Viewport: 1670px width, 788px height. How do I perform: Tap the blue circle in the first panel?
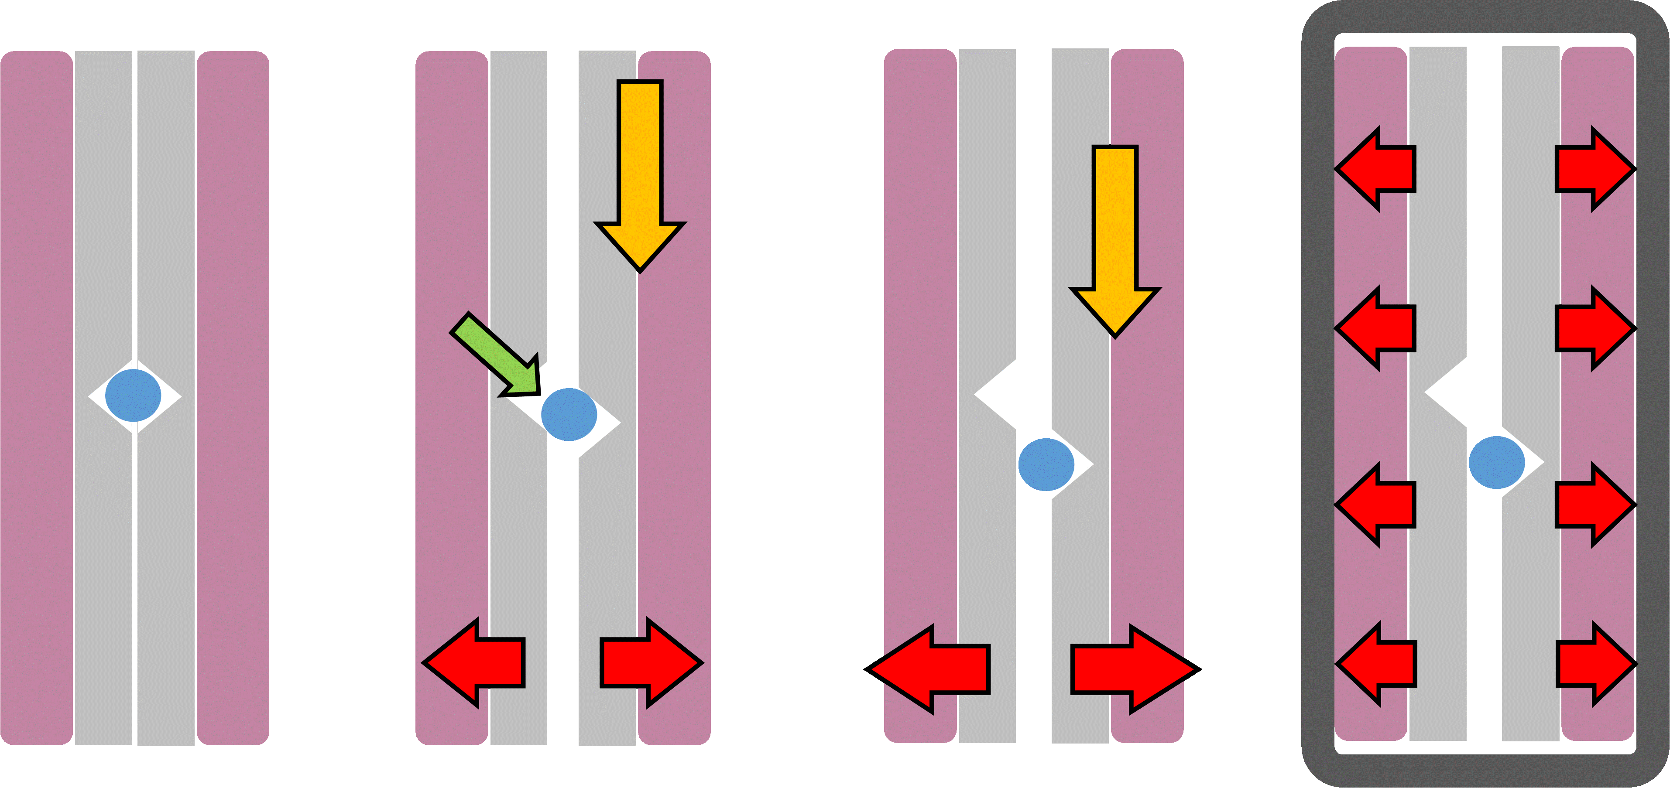coord(133,395)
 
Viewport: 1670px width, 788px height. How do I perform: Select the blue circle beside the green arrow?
coord(569,415)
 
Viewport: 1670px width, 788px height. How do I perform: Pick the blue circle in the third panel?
coord(1046,464)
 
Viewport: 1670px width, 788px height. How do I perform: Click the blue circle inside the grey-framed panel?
coord(1496,462)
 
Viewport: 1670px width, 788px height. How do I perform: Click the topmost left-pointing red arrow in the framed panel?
coord(1376,169)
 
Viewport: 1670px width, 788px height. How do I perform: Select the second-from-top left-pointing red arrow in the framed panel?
coord(1376,328)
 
